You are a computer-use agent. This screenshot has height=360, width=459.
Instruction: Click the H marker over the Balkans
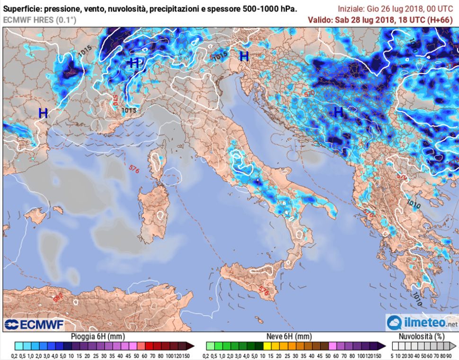pos(338,112)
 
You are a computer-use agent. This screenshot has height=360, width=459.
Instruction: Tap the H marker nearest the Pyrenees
pos(43,113)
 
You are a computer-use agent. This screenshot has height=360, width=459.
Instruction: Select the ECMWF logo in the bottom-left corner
pos(34,324)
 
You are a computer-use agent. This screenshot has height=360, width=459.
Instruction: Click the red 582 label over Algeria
pos(58,299)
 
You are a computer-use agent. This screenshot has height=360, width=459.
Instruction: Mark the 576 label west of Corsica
pos(134,169)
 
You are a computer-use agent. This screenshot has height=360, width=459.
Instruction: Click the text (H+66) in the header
pos(442,19)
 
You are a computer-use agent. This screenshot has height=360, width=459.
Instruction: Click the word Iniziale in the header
pos(353,9)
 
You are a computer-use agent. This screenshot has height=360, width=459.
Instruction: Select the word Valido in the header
pos(320,19)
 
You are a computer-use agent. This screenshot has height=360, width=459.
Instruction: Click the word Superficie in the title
pos(22,9)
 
